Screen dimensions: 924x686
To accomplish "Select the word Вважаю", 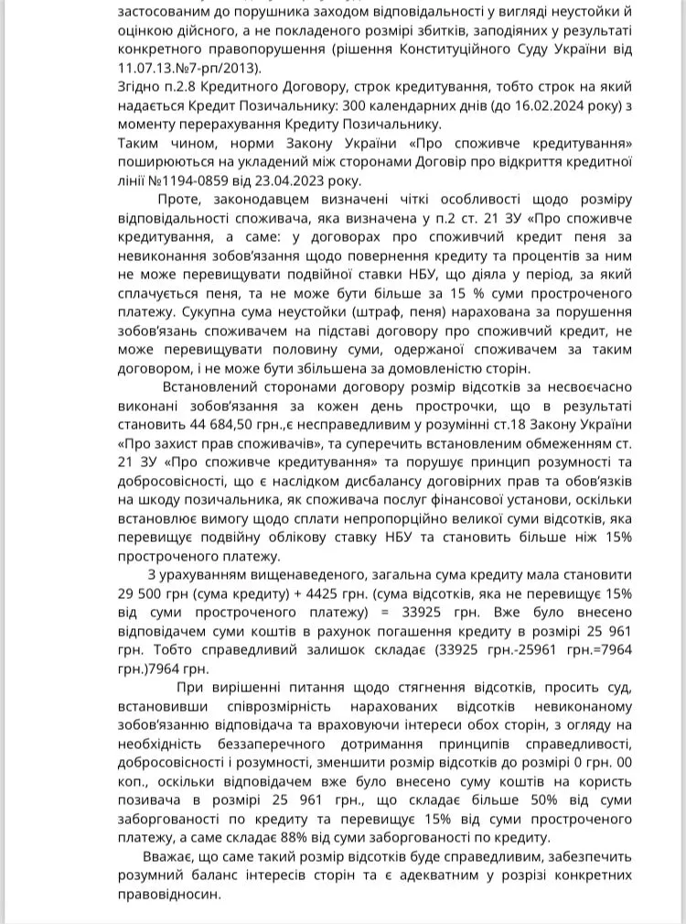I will [x=173, y=856].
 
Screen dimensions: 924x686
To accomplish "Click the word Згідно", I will [x=142, y=86].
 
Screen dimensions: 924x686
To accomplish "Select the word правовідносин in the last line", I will [x=169, y=894].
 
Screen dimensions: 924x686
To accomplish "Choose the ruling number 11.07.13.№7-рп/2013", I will [x=188, y=67].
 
